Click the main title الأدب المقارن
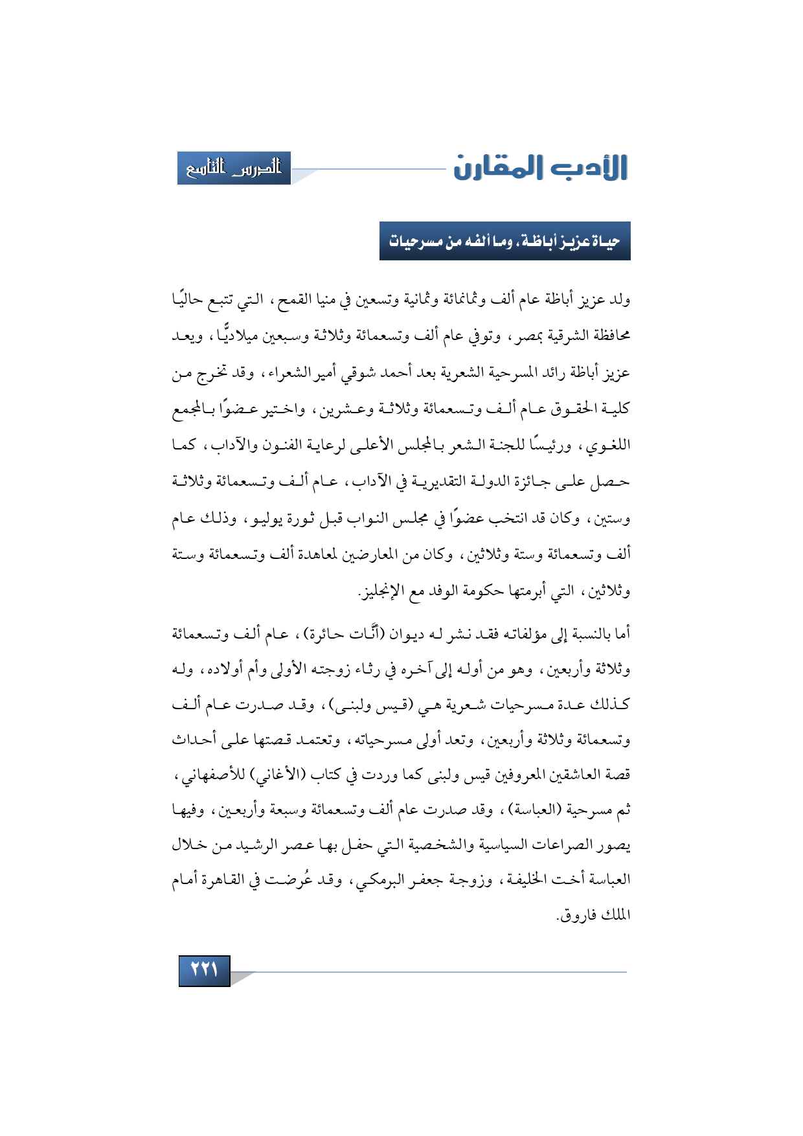pyautogui.click(x=541, y=168)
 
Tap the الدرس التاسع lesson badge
pyautogui.click(x=234, y=168)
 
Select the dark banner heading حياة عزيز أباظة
pyautogui.click(x=504, y=242)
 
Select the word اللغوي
pyautogui.click(x=609, y=446)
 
